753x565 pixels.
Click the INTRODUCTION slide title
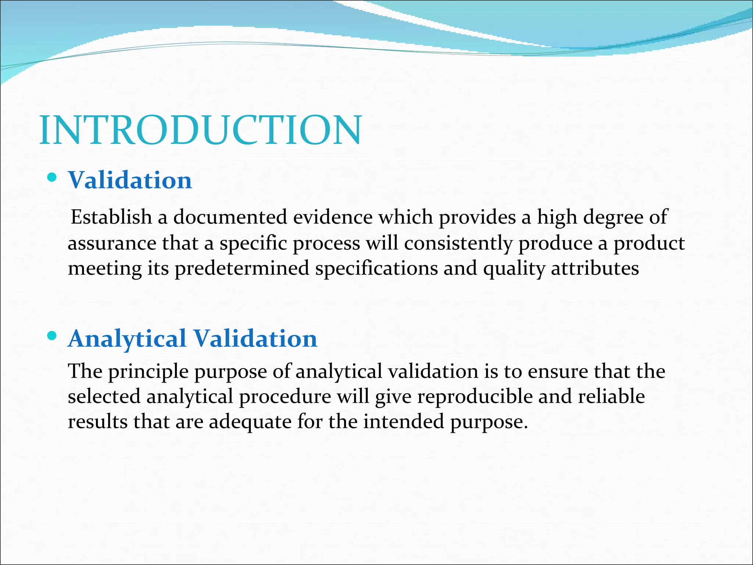(200, 130)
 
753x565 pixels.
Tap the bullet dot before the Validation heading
(52, 178)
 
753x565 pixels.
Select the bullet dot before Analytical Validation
(52, 335)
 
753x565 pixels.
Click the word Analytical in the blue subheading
(127, 339)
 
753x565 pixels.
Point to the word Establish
(111, 217)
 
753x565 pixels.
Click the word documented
(230, 217)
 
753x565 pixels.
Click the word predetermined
(242, 269)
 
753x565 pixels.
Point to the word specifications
(376, 269)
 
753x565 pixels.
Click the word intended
(404, 421)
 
